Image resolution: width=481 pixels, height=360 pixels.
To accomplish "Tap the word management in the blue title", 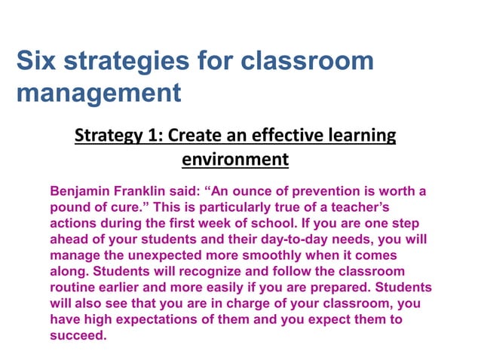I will [x=99, y=93].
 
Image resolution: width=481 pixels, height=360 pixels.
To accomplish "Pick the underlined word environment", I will [x=235, y=160].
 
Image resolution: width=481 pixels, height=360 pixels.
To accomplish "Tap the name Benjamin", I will [x=78, y=191].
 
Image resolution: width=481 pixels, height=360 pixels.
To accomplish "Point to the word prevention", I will [x=322, y=191].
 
